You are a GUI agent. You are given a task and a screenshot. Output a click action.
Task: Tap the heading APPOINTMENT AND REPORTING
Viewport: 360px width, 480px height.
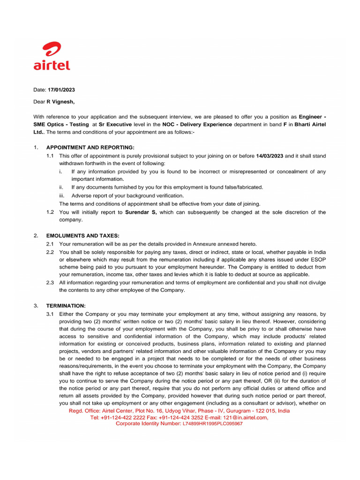tap(90, 148)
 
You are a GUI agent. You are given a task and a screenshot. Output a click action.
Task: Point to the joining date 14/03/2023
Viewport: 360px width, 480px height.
tap(270, 156)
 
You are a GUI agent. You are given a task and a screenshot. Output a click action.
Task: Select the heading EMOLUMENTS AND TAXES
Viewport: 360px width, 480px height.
tap(82, 236)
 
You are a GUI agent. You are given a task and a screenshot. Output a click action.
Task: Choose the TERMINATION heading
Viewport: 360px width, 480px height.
tap(66, 306)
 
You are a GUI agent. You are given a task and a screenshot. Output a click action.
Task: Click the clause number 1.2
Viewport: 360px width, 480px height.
tap(50, 212)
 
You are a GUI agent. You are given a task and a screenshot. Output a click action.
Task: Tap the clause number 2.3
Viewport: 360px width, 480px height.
tap(50, 283)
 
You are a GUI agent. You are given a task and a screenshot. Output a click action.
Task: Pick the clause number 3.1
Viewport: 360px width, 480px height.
tap(50, 314)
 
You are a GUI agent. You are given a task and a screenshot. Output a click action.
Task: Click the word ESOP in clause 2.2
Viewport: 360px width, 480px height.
tap(318, 259)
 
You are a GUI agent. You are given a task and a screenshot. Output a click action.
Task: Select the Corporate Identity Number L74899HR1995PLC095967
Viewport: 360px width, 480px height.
tap(212, 423)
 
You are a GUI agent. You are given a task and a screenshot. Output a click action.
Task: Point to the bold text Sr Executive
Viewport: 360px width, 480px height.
tap(115, 124)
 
